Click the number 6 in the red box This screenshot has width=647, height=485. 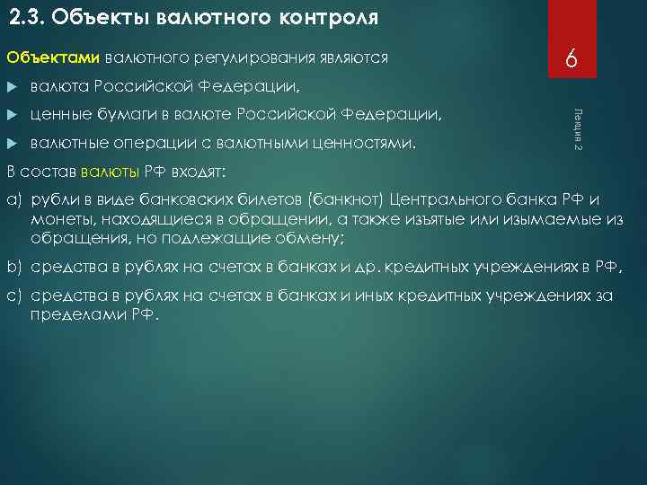pos(570,61)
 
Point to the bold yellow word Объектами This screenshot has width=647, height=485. pos(52,58)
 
